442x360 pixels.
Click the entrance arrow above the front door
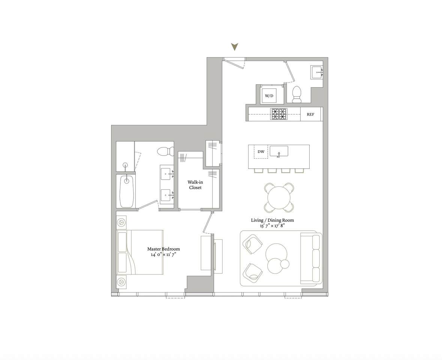[x=235, y=47]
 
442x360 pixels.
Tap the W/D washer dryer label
[x=269, y=96]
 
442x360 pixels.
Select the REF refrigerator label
[x=310, y=114]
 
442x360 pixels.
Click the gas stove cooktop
[x=279, y=114]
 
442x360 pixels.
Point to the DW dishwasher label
[x=261, y=151]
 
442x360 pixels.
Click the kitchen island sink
[x=279, y=151]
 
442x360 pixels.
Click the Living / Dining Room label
[x=273, y=220]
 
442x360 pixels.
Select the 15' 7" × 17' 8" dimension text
[x=273, y=226]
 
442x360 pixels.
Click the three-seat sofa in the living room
[x=311, y=258]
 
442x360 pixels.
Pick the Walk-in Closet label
[x=195, y=185]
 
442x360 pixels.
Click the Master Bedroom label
[x=163, y=249]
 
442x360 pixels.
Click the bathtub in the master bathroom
[x=127, y=191]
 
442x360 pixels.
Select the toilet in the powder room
[x=297, y=94]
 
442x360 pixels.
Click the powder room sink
[x=318, y=73]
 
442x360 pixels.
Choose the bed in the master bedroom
[x=140, y=252]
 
